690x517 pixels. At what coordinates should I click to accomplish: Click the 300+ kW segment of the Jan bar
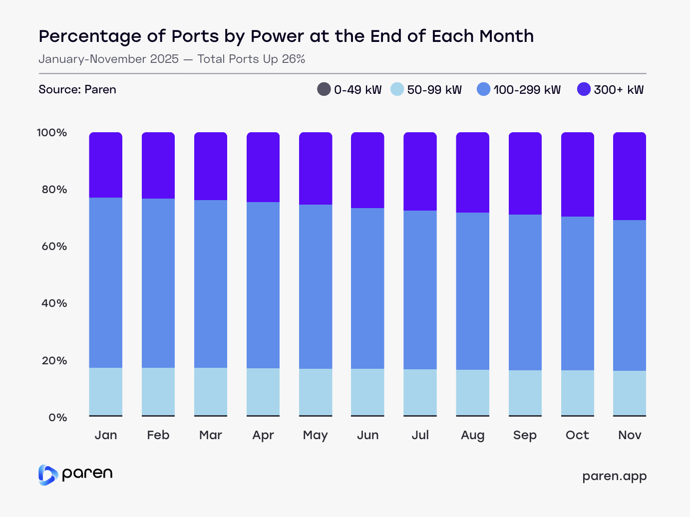point(106,165)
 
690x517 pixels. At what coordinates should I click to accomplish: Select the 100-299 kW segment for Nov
point(630,295)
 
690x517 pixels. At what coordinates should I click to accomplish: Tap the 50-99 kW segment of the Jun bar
point(367,392)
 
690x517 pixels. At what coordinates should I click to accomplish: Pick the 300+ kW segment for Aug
point(472,172)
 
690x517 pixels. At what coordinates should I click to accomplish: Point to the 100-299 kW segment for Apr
point(263,285)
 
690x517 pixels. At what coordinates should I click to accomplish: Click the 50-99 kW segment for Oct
point(578,392)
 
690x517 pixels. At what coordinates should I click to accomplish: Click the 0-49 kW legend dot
point(324,89)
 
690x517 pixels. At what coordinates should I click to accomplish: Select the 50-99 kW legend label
point(434,90)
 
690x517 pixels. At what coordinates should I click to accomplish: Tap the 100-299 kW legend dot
point(484,89)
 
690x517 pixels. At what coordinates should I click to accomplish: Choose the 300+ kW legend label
point(619,90)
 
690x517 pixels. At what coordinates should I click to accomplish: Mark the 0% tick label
point(57,418)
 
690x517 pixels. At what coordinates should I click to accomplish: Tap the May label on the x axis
point(315,435)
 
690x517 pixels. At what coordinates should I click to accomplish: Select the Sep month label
point(525,435)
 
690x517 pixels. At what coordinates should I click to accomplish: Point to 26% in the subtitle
point(293,59)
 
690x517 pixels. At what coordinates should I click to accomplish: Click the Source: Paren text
point(77,89)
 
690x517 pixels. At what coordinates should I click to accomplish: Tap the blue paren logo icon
point(48,475)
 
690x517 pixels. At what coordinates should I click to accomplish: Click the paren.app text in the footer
point(614,476)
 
